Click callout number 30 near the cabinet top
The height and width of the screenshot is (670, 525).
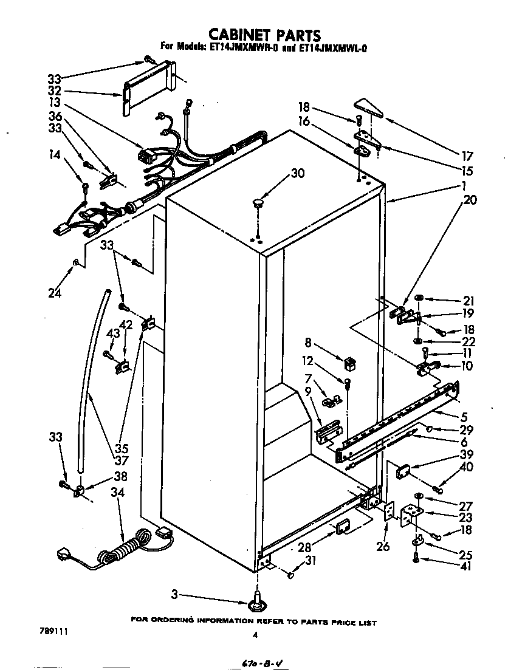click(297, 174)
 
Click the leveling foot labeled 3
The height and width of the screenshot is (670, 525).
click(259, 603)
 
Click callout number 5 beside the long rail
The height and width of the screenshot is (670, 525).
click(465, 417)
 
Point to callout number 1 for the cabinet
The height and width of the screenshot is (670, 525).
click(464, 185)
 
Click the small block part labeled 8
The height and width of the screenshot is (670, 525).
click(349, 364)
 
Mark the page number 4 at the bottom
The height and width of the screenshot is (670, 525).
click(255, 635)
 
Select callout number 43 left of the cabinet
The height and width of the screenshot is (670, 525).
click(113, 333)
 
